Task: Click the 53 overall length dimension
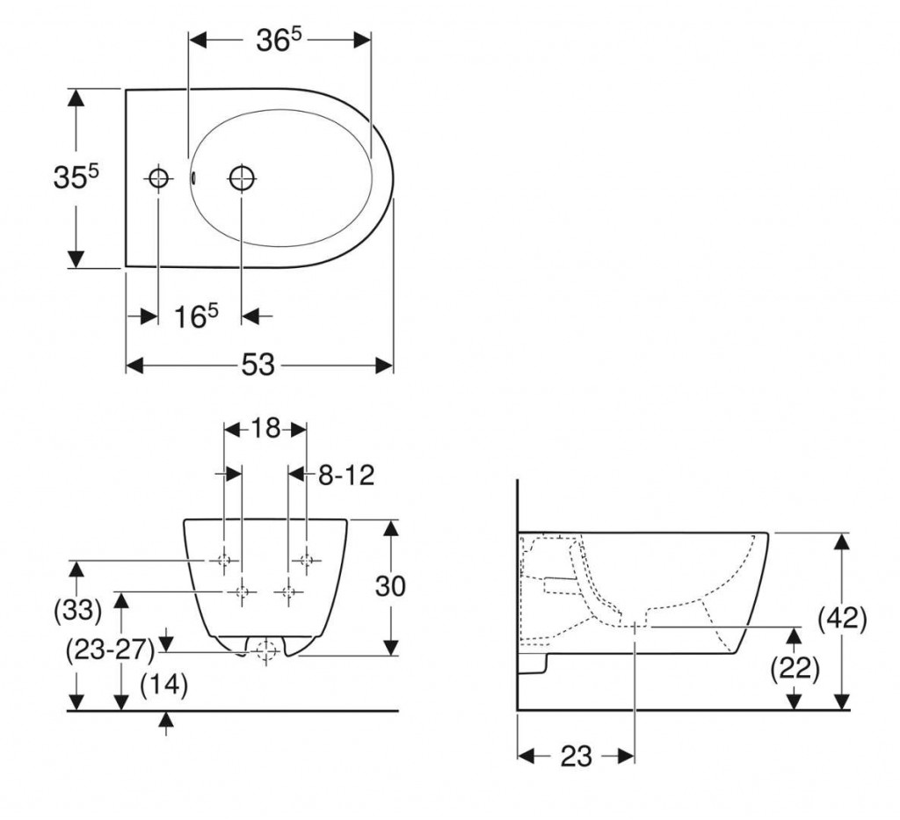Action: [x=258, y=365]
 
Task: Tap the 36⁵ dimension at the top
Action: [x=279, y=40]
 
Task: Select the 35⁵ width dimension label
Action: [x=76, y=177]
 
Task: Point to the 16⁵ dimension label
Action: [x=196, y=316]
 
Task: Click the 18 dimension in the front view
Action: [x=265, y=428]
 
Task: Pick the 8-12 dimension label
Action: [x=346, y=475]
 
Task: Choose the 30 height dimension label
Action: [x=390, y=586]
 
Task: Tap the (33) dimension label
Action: [x=77, y=609]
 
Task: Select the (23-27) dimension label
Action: [x=111, y=650]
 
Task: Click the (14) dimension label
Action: [x=164, y=685]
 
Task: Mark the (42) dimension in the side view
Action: [x=842, y=619]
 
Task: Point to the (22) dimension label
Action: [x=795, y=668]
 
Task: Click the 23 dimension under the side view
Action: [x=576, y=756]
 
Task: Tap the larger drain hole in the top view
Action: [x=243, y=178]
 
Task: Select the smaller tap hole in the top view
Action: [x=158, y=178]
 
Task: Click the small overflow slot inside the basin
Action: [x=192, y=178]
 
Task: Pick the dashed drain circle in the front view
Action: [x=266, y=651]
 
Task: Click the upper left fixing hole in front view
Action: [x=224, y=560]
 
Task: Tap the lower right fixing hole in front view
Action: [x=288, y=591]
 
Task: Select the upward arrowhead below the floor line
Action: [x=166, y=719]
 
